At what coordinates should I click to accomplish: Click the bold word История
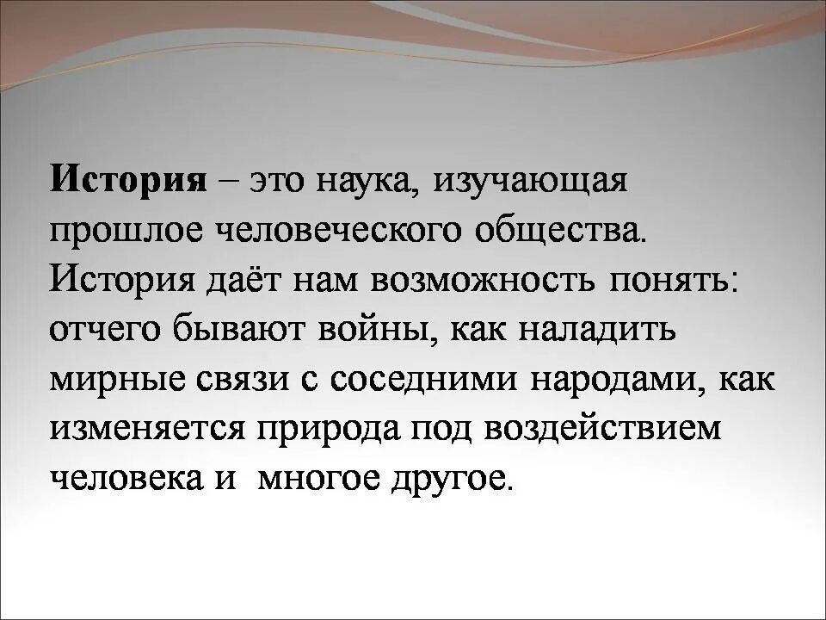click(130, 181)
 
